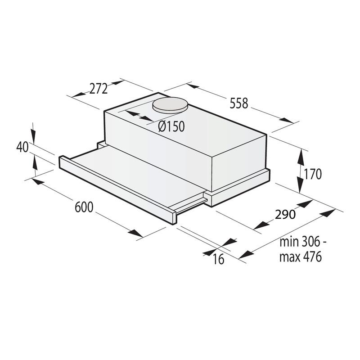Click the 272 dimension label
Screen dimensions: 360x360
[x=99, y=89]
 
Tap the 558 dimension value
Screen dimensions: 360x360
[x=238, y=103]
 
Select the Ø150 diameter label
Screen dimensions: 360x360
[x=171, y=126]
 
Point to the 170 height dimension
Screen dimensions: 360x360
[x=313, y=174]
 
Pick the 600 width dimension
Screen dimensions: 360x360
[x=84, y=207]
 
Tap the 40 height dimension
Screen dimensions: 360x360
[x=22, y=147]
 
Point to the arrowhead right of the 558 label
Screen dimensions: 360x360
[x=286, y=121]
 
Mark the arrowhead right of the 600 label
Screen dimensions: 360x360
[x=135, y=234]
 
